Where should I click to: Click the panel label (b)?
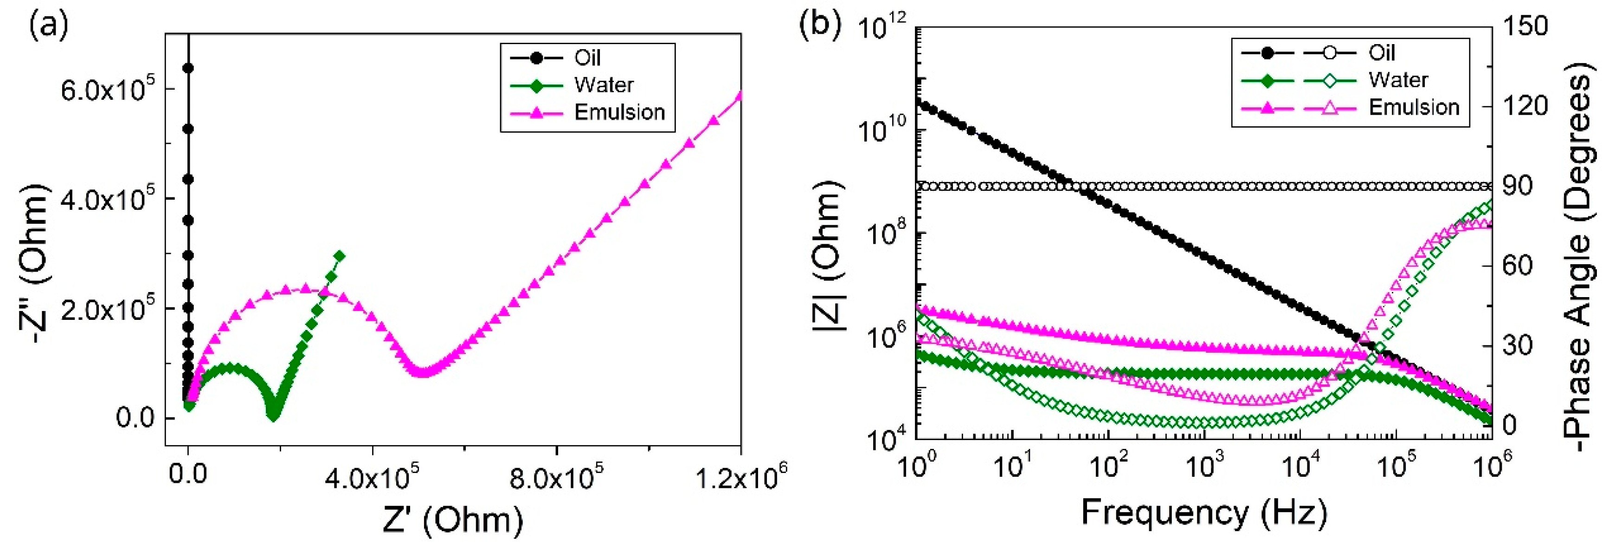click(820, 26)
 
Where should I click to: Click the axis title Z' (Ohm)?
click(452, 519)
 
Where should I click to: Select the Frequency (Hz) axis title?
click(1204, 514)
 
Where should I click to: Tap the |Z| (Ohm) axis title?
click(830, 255)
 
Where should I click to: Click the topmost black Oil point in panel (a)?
click(188, 68)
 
